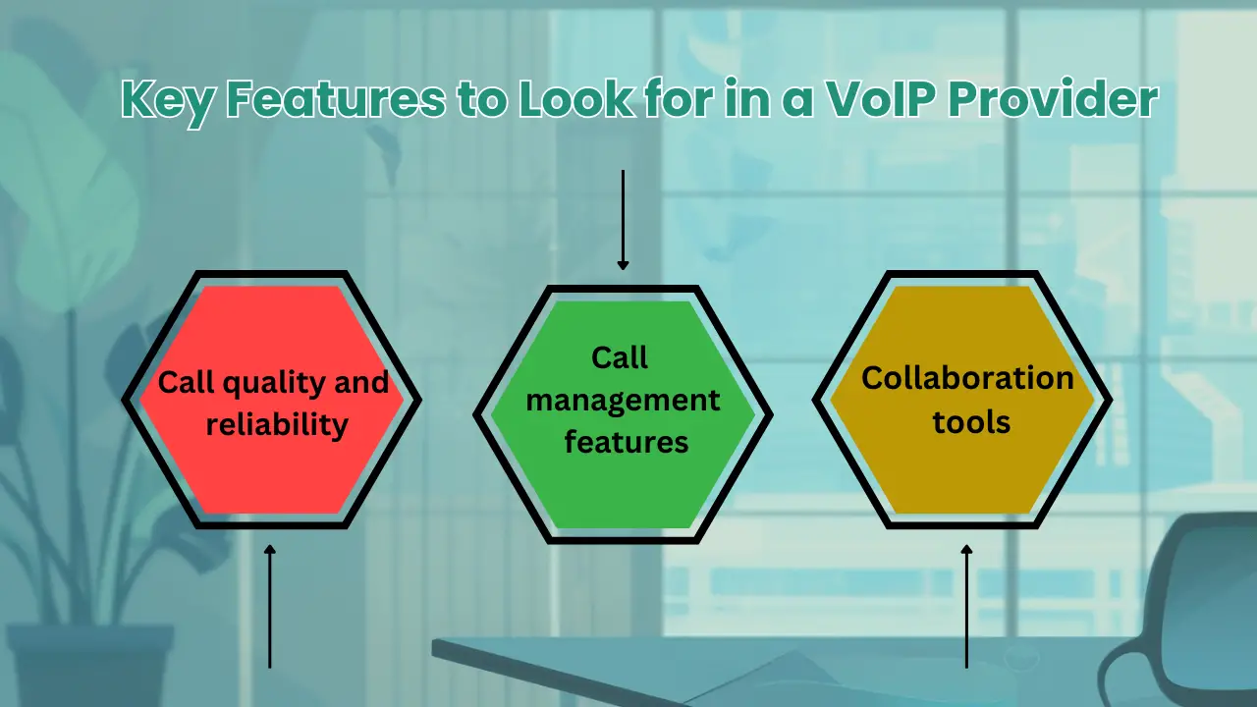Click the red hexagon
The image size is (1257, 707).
point(271,462)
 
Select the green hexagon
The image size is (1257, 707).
point(623,491)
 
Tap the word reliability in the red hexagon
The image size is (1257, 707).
point(272,424)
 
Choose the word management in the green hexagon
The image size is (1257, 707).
point(626,401)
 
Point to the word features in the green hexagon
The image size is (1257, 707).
point(626,443)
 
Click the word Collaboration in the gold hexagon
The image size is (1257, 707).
point(967,378)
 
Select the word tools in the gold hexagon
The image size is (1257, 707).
point(971,421)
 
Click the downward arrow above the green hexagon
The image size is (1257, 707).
point(622,220)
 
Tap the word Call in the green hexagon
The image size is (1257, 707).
point(620,358)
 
